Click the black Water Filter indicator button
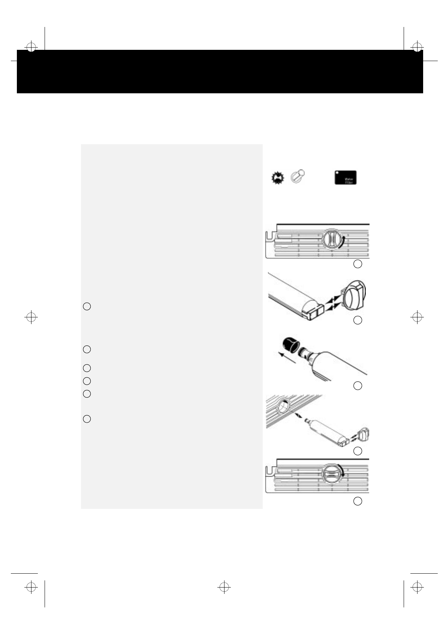click(345, 178)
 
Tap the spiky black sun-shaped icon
click(278, 178)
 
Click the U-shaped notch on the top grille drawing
click(269, 237)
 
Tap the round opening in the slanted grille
click(284, 405)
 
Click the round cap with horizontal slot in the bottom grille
click(331, 474)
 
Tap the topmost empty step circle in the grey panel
click(87, 307)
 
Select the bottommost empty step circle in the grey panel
click(87, 419)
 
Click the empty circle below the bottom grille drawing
click(358, 501)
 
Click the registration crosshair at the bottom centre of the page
click(224, 588)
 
